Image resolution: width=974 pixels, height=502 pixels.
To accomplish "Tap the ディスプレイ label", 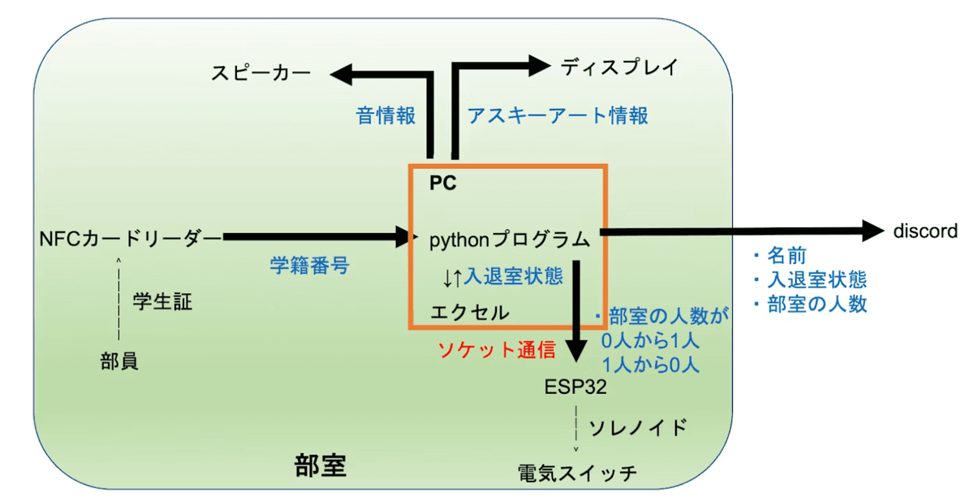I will click(618, 67).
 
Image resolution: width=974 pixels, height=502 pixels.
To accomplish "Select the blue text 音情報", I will click(386, 115).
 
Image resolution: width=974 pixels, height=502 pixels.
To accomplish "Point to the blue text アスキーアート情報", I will click(558, 115).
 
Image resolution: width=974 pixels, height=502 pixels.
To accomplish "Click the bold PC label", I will click(443, 184).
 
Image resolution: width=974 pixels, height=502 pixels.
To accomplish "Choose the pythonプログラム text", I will click(510, 239).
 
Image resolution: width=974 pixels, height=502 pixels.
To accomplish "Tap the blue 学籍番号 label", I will click(309, 265).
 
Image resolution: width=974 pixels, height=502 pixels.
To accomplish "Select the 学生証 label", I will click(162, 302).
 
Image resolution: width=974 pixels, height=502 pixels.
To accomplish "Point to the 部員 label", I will click(119, 361).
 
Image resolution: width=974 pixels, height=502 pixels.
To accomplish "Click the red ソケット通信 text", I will click(497, 350).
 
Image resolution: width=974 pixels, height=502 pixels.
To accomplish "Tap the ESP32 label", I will click(575, 387).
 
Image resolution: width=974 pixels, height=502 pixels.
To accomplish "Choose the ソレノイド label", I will click(638, 427).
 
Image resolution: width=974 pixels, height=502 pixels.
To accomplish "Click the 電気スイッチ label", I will click(578, 473).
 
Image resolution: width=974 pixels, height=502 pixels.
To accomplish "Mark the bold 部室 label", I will click(320, 465).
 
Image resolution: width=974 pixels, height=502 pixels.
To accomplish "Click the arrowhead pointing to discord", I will click(873, 232).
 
